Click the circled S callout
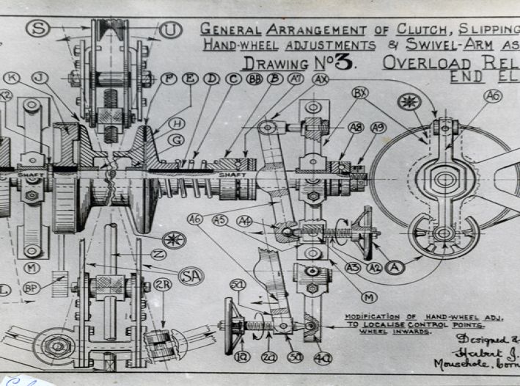38,29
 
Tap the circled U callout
170,30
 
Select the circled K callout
11,78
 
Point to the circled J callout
39,78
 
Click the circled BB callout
254,79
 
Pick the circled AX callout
321,79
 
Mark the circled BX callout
359,93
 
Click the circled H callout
177,124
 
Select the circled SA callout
191,276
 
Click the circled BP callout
31,288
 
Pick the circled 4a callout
322,357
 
